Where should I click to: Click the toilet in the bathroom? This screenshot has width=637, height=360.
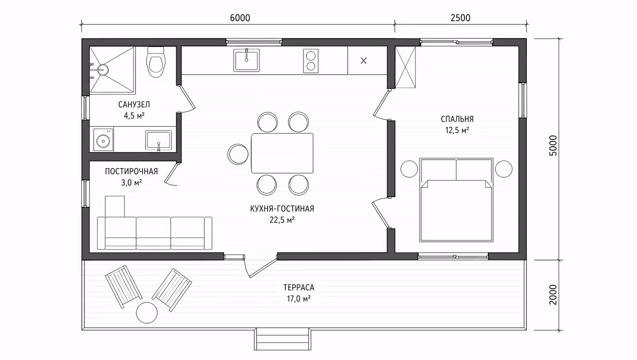point(156,62)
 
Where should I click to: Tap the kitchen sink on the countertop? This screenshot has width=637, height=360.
point(246,60)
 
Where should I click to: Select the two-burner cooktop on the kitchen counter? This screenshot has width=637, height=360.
point(311,61)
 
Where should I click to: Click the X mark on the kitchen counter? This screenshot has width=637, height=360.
point(364,61)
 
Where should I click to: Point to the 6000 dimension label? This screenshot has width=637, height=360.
point(240,18)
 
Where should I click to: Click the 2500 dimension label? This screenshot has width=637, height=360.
point(460,18)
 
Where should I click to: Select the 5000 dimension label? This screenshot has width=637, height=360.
point(553,146)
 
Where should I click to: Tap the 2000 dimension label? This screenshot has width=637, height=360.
point(553,295)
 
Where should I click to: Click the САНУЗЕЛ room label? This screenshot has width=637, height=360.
point(134,105)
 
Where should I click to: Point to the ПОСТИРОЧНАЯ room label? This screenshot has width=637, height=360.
point(131,172)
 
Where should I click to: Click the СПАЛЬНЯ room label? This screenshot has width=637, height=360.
point(457,119)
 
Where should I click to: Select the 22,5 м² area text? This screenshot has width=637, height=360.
point(282,220)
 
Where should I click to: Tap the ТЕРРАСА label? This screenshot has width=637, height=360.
point(299,287)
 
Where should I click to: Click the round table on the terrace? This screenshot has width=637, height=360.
point(147,313)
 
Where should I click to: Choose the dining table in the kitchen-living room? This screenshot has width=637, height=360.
point(282,153)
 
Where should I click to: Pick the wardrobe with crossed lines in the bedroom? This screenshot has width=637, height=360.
point(406,67)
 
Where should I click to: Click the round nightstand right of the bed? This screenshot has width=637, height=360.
point(503,169)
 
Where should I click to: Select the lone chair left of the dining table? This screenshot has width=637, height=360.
point(238,154)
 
